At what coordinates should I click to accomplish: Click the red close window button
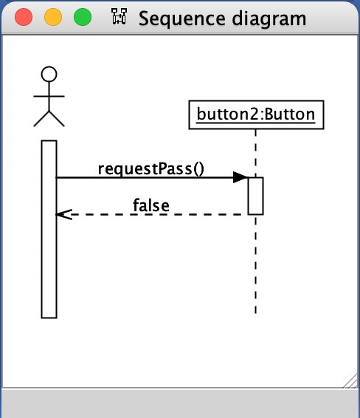(24, 17)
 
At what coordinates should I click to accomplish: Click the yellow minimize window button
(53, 17)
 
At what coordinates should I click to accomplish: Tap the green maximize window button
(83, 17)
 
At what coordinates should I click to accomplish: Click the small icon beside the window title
(119, 18)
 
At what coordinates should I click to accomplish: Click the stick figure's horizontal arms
(49, 95)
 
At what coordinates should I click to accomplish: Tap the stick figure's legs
(49, 117)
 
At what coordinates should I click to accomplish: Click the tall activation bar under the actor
(49, 229)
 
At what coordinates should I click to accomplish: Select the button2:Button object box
(255, 114)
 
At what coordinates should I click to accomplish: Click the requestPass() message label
(151, 168)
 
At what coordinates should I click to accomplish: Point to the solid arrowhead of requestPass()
(240, 177)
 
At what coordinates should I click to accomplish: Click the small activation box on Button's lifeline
(255, 196)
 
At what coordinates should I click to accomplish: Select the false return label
(151, 205)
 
